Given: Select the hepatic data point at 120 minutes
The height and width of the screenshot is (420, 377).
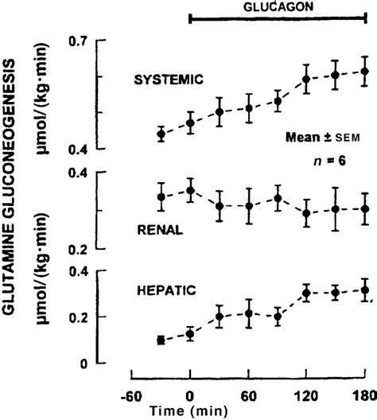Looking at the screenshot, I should pos(306,294).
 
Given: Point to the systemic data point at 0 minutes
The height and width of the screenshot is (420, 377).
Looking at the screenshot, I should pos(190,122).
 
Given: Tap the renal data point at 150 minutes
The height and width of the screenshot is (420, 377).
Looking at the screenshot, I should pos(336,208).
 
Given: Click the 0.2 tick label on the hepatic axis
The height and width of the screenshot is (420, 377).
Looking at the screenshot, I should pos(80,317).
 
